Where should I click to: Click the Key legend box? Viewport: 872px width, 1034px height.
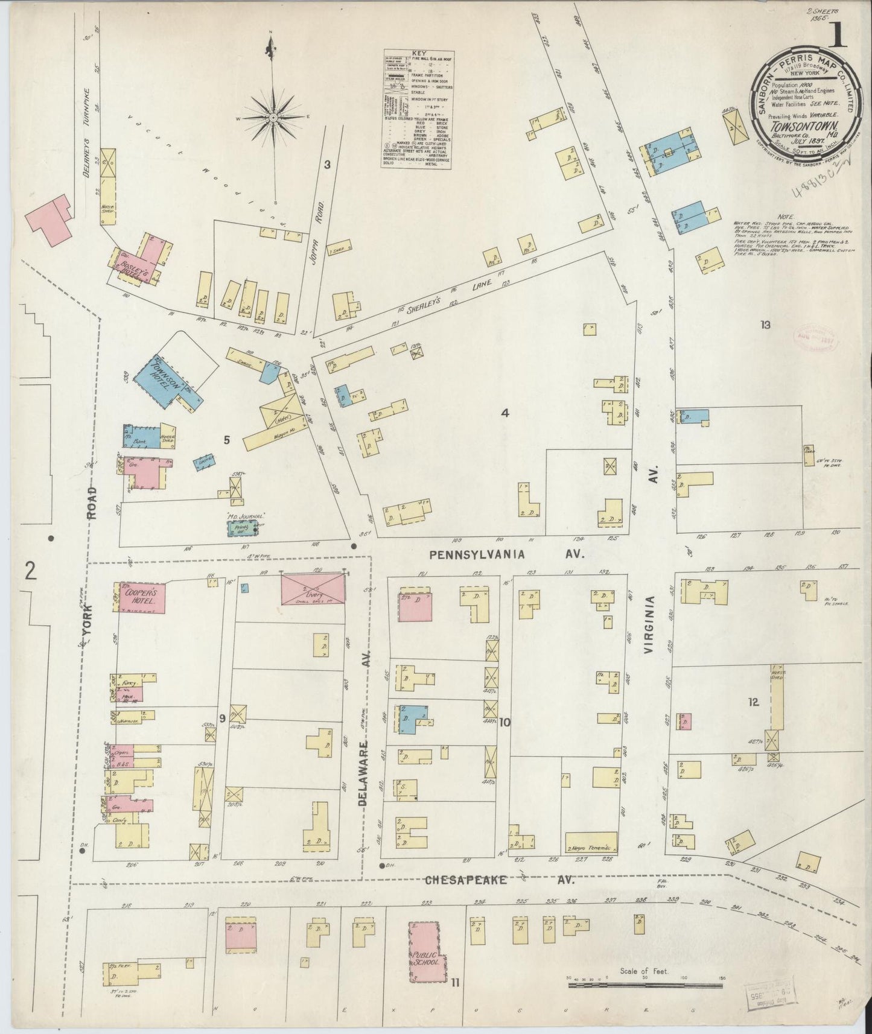tap(418, 109)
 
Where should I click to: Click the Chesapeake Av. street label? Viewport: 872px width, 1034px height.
tap(499, 881)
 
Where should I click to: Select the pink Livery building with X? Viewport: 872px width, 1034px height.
tap(313, 589)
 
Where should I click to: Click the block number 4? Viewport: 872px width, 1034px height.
tap(505, 413)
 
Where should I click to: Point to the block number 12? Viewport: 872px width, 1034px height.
tap(753, 702)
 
